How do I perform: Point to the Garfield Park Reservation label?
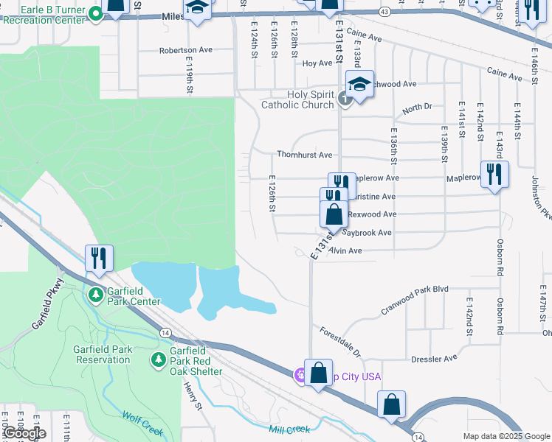click(103, 354)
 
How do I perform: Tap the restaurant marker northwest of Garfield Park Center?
click(99, 257)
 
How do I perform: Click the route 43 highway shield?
click(384, 12)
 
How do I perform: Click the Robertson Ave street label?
click(185, 51)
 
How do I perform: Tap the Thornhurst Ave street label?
click(304, 155)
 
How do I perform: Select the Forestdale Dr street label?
click(340, 343)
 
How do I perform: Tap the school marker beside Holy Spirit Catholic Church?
click(359, 85)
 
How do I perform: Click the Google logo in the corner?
click(24, 433)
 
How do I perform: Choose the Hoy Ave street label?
click(317, 63)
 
